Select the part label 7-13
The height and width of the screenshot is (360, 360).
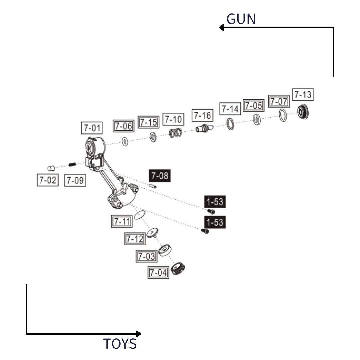[303, 95]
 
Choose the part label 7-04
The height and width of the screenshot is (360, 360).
[158, 272]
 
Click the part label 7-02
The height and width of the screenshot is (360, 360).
[47, 180]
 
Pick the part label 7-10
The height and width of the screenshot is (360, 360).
[173, 119]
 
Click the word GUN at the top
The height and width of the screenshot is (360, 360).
[241, 19]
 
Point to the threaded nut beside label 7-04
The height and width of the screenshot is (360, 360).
[178, 268]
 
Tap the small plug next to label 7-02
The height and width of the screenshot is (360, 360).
[51, 168]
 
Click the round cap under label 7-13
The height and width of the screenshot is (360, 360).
[303, 112]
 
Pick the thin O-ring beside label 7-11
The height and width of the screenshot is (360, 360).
[140, 215]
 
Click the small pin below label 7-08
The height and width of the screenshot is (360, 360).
[153, 186]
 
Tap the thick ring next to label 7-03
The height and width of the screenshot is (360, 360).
[165, 250]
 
